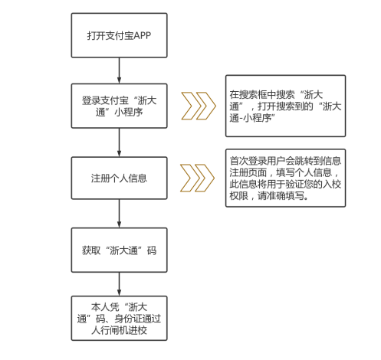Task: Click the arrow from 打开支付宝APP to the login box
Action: (x=119, y=70)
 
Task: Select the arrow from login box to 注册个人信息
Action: (x=119, y=142)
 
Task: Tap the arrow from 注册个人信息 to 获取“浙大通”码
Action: (x=119, y=214)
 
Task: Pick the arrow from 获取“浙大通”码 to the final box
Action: (x=119, y=284)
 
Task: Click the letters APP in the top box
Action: (x=142, y=35)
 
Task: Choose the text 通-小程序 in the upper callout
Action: (x=251, y=118)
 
